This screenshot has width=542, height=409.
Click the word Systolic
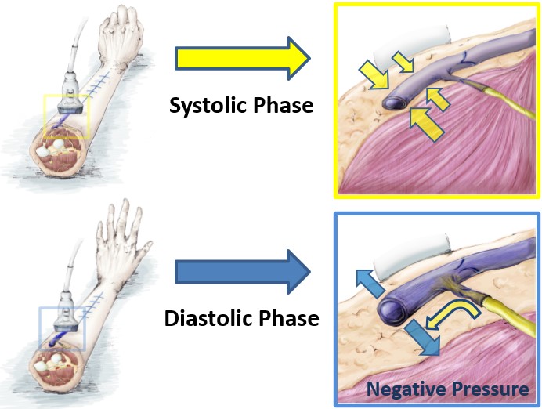207,106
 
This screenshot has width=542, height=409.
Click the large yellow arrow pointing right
243,58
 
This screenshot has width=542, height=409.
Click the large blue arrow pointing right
243,272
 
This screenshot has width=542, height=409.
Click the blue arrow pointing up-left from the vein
369,284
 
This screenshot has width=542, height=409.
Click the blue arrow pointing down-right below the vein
422,338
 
